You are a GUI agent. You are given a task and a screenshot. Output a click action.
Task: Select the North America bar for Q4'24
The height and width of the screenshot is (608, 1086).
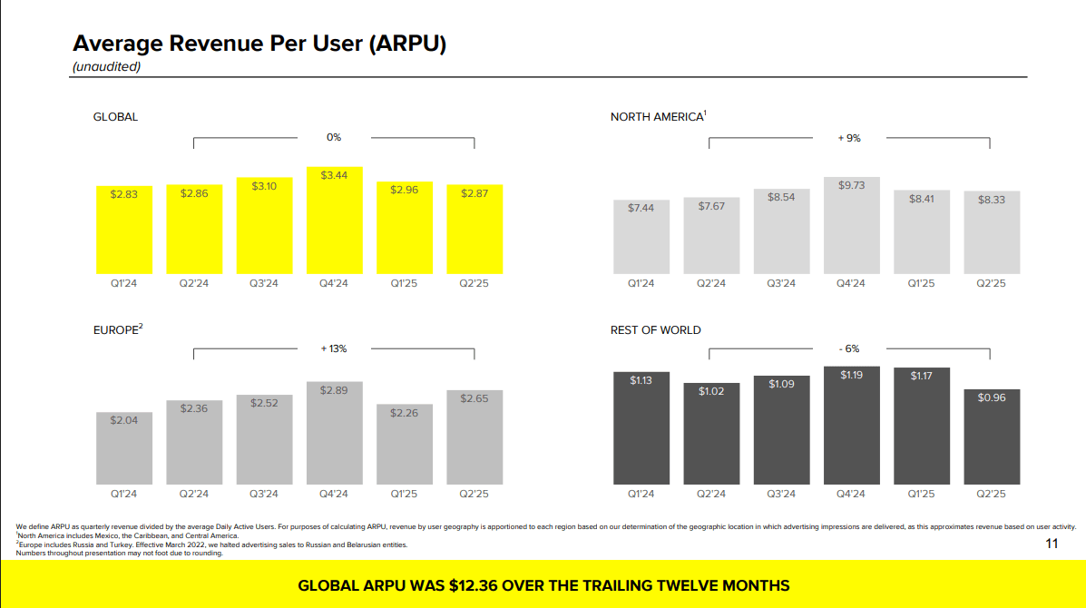(x=850, y=226)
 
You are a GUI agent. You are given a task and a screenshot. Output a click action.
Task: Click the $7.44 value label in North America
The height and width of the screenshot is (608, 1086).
(x=641, y=208)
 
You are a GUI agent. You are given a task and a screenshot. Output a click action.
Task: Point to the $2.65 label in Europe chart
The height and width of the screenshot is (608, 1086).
(x=475, y=398)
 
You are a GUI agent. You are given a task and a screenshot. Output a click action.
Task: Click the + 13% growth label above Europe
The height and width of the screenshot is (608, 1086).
(x=333, y=348)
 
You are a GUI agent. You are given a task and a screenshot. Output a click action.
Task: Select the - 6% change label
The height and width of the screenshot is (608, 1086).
(x=849, y=348)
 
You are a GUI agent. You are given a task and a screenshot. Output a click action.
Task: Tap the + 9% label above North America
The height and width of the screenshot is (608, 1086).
(x=849, y=139)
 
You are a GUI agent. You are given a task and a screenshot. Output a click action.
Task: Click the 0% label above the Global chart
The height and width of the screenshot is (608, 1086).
(x=334, y=137)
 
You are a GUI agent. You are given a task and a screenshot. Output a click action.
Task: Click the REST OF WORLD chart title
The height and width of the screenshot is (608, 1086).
(x=655, y=330)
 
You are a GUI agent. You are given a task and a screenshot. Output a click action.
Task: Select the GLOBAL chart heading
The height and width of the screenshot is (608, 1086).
(x=115, y=117)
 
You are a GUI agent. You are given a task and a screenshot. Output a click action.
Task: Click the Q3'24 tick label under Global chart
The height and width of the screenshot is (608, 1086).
(x=264, y=284)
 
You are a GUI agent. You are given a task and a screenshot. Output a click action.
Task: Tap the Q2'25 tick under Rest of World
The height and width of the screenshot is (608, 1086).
(x=991, y=495)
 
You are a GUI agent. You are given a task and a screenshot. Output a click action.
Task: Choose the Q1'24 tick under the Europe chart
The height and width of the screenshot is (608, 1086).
(x=124, y=495)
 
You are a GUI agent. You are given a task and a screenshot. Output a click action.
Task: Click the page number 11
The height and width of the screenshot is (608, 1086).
(x=1052, y=544)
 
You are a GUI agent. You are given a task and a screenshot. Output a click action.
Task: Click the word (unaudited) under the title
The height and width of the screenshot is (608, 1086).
(x=106, y=66)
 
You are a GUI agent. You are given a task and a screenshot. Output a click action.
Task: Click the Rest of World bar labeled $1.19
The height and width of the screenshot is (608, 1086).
(x=850, y=425)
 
